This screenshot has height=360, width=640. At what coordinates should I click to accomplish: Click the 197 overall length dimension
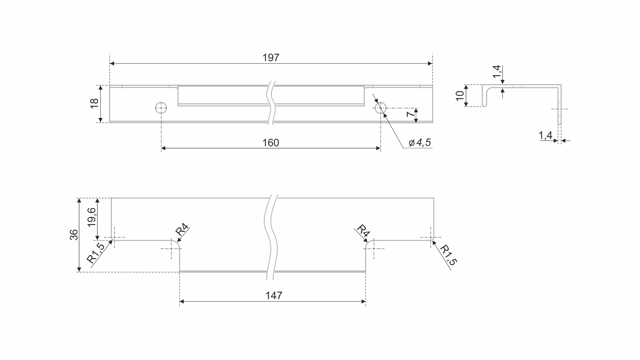(x=271, y=58)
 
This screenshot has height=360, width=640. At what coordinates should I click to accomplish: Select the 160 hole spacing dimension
(x=271, y=143)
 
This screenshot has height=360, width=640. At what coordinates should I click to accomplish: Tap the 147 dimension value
(x=274, y=296)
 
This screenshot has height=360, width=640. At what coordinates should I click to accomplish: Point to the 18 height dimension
(x=94, y=103)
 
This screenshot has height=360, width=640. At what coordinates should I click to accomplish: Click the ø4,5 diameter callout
(x=420, y=143)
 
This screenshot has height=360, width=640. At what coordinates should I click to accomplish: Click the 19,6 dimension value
(x=92, y=217)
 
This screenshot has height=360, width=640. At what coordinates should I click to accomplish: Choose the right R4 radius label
(x=363, y=230)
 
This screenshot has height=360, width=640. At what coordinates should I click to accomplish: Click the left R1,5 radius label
(x=95, y=253)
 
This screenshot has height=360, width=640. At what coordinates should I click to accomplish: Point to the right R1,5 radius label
(x=448, y=255)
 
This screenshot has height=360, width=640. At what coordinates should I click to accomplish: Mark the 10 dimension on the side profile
(x=460, y=96)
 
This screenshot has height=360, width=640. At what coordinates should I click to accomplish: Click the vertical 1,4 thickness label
(x=496, y=72)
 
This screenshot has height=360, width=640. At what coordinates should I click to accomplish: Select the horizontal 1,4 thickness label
(x=546, y=135)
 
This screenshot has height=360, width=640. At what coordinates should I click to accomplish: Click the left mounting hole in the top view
(x=161, y=108)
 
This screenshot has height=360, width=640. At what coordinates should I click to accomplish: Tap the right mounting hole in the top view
(x=381, y=108)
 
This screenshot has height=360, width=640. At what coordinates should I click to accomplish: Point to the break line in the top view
(x=272, y=103)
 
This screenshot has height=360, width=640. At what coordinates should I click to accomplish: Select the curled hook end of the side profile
(x=485, y=96)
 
